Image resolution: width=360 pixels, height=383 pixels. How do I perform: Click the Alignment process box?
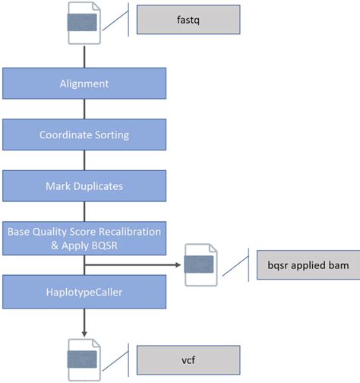click(84, 84)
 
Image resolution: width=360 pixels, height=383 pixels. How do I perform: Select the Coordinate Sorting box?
click(84, 135)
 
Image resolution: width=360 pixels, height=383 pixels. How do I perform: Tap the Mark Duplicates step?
click(84, 185)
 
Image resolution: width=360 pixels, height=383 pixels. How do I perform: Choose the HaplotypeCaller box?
click(84, 292)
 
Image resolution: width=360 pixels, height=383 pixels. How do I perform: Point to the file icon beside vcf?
click(83, 359)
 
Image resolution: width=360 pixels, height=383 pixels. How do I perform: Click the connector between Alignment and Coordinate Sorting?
click(84, 109)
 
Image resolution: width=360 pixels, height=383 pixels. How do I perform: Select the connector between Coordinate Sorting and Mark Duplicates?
click(84, 160)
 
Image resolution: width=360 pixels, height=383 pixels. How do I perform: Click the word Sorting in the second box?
click(111, 135)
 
